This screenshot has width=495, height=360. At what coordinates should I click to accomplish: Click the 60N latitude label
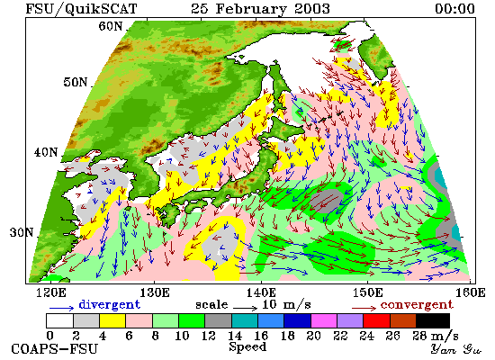click(110, 26)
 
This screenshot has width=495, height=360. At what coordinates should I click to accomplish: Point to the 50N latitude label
click(75, 82)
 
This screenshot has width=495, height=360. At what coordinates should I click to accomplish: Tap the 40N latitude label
click(46, 152)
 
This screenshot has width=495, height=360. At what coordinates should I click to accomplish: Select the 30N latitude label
click(22, 233)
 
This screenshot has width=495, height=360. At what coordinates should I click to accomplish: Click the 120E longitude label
click(51, 293)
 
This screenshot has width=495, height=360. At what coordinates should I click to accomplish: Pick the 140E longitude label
click(261, 293)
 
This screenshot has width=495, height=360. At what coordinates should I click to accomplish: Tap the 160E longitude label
click(471, 293)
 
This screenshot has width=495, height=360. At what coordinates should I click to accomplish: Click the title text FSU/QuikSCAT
click(81, 8)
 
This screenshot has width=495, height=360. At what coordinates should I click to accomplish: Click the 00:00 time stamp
click(454, 8)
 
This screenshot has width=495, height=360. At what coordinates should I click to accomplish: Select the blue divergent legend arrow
click(61, 308)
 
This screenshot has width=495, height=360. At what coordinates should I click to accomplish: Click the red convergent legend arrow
click(364, 308)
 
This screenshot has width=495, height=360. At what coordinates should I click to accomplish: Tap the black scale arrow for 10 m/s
click(246, 307)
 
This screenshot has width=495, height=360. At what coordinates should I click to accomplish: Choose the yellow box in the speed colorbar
click(112, 320)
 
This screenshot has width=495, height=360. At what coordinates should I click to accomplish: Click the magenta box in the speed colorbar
click(324, 320)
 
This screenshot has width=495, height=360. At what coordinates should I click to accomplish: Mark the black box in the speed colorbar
click(433, 320)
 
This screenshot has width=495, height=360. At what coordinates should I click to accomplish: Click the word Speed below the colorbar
click(247, 347)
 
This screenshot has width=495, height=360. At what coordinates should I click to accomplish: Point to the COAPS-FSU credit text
click(54, 349)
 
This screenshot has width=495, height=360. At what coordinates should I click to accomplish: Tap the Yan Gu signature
click(456, 349)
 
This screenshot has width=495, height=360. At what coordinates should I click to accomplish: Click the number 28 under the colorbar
click(419, 336)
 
